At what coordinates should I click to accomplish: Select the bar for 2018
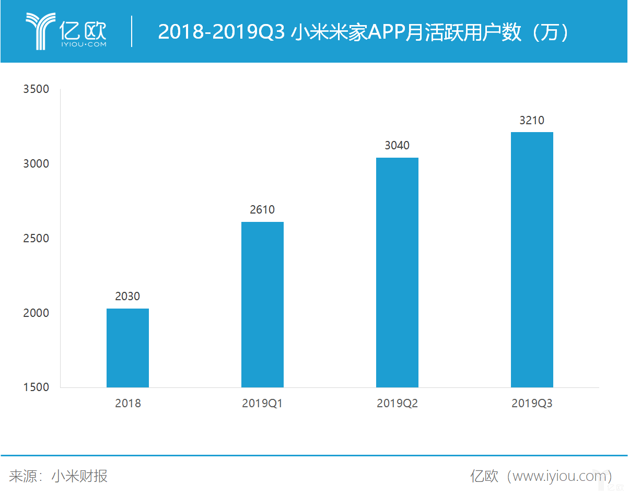(x=127, y=348)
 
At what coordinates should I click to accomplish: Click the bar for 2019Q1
(x=262, y=304)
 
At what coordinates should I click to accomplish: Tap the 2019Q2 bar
(x=397, y=272)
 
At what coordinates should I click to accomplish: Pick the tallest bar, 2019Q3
(x=532, y=259)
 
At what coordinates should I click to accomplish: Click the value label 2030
(x=127, y=297)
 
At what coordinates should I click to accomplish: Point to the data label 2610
(x=262, y=210)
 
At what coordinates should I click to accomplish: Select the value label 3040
(x=397, y=146)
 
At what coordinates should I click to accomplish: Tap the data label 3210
(x=532, y=121)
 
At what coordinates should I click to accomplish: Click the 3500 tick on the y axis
(x=36, y=89)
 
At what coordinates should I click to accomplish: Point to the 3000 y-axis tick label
(x=36, y=164)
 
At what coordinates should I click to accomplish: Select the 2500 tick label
(x=36, y=239)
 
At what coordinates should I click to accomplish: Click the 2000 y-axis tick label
(x=36, y=313)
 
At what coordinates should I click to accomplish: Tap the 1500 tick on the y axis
(x=36, y=387)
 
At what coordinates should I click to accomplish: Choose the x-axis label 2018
(x=128, y=404)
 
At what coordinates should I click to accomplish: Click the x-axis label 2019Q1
(x=262, y=404)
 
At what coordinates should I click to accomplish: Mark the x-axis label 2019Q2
(x=397, y=404)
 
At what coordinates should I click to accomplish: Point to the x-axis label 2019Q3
(x=532, y=404)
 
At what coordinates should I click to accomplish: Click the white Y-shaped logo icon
(x=40, y=31)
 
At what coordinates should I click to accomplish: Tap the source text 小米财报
(x=79, y=476)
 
